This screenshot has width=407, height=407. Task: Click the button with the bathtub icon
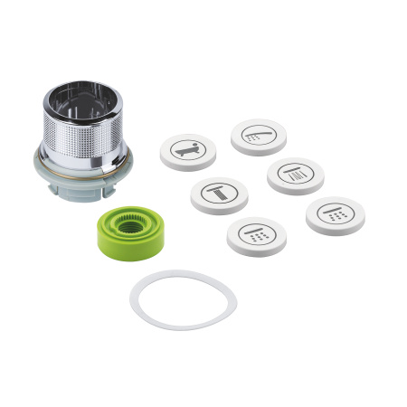click(188, 151)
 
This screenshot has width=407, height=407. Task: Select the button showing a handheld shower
click(258, 136)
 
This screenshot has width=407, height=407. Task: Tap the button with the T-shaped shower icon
click(218, 194)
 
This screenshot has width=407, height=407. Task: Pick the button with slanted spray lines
click(295, 175)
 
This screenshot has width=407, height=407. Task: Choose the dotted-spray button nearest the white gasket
click(257, 235)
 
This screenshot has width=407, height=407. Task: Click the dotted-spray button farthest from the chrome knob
click(334, 215)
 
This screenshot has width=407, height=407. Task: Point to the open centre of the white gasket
click(183, 298)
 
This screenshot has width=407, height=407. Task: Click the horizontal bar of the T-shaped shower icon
click(218, 187)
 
